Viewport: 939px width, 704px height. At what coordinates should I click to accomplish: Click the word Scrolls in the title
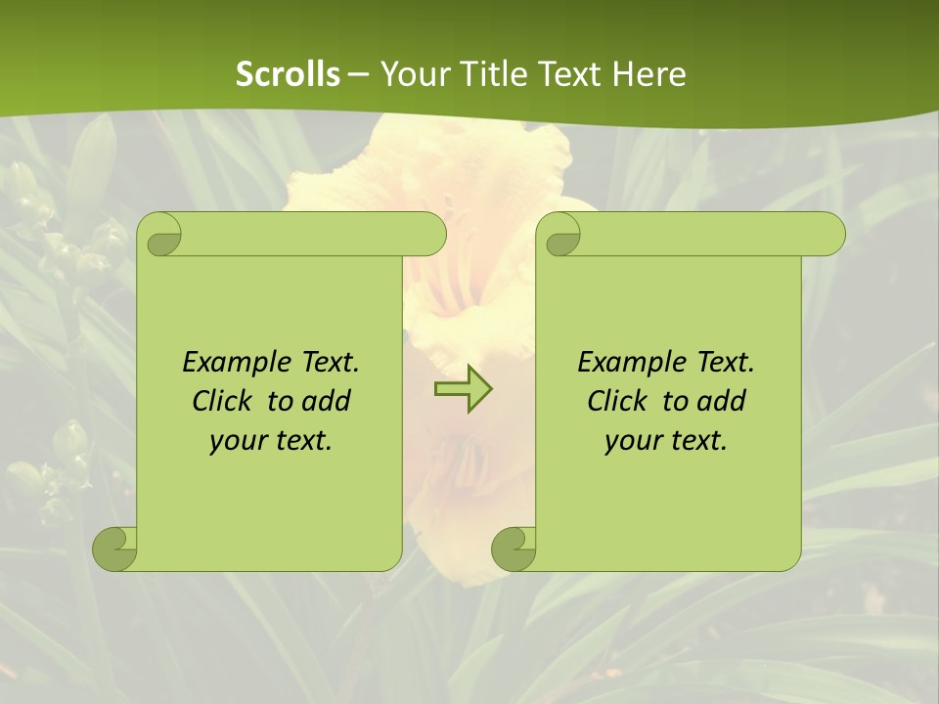(288, 74)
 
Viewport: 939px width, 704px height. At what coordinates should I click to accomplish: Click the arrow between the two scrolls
(463, 389)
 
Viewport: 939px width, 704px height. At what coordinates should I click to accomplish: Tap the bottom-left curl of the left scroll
(115, 549)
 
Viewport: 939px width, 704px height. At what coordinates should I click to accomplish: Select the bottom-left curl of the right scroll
(514, 549)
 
